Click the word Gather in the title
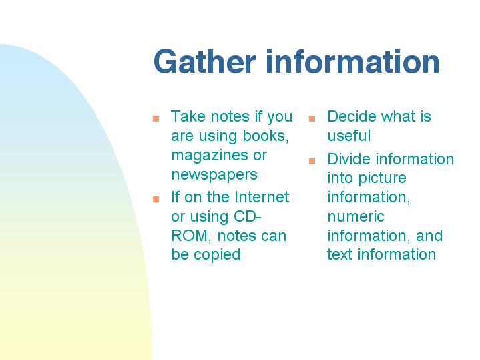pos(204,61)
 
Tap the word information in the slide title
pos(352,61)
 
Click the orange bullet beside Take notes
pos(156,118)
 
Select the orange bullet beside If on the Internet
pos(156,200)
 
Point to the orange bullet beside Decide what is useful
pos(312,118)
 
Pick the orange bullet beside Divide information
pos(312,161)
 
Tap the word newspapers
pos(214,175)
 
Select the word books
pos(266,136)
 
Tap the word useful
pos(349,136)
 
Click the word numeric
pos(356,216)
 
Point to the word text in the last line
pos(340,254)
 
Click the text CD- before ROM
pos(248,216)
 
